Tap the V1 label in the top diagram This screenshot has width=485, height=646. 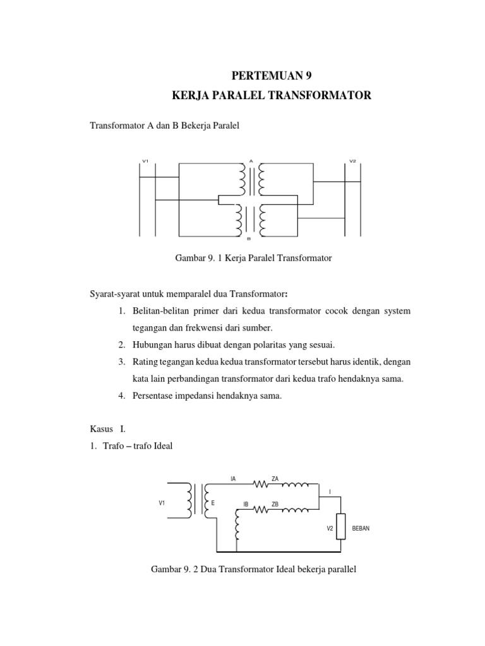[145, 161]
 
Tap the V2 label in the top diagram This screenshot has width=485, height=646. [353, 161]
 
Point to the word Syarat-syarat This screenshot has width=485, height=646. [119, 295]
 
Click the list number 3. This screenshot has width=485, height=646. [121, 362]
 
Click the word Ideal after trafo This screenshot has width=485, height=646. [160, 446]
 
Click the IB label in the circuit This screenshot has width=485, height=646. [246, 505]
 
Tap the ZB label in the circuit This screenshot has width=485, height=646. [275, 504]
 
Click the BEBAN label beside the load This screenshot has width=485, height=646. [360, 528]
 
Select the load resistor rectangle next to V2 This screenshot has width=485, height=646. [340, 526]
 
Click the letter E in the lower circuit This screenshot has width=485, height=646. [213, 503]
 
